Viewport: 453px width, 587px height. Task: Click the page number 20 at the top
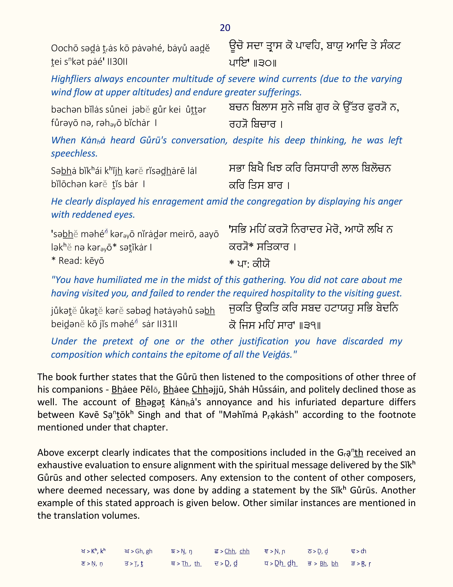(225, 28)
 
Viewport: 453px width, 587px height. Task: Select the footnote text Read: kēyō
(81, 261)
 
